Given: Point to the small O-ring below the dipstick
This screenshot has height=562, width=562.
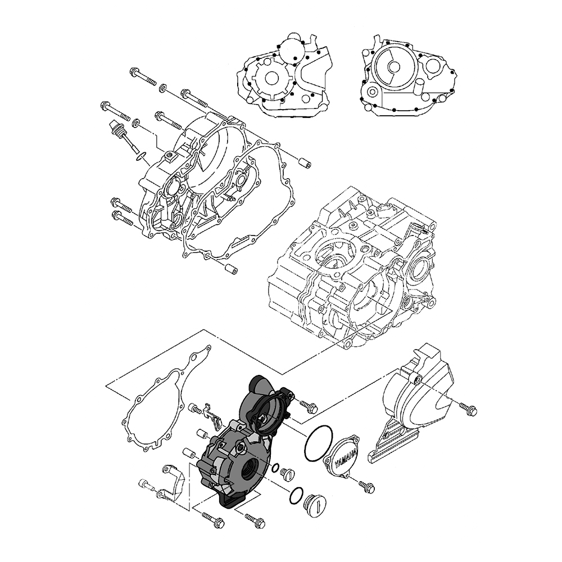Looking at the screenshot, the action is [x=141, y=156].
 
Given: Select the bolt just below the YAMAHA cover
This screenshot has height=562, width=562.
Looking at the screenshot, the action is [x=366, y=486].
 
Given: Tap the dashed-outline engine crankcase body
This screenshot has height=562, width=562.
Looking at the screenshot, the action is [x=353, y=267].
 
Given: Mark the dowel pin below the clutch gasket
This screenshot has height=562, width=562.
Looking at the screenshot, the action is [x=230, y=269].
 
